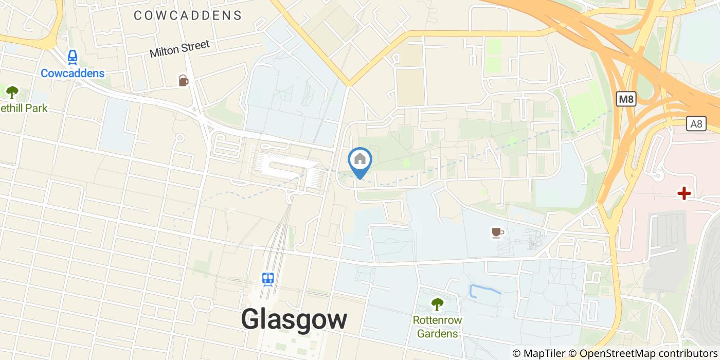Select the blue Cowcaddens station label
tap(73, 73)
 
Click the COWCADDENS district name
tap(188, 15)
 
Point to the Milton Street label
tap(179, 49)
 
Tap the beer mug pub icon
tap(183, 80)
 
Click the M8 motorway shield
tap(625, 99)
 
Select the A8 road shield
tap(696, 123)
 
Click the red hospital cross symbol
tap(684, 193)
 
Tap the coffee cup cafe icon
tap(497, 232)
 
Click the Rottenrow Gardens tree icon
tap(437, 304)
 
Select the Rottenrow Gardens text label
tap(437, 327)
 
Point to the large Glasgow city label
tap(294, 319)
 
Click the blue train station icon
tap(267, 279)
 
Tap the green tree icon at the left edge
tap(12, 93)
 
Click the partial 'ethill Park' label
tap(24, 108)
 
